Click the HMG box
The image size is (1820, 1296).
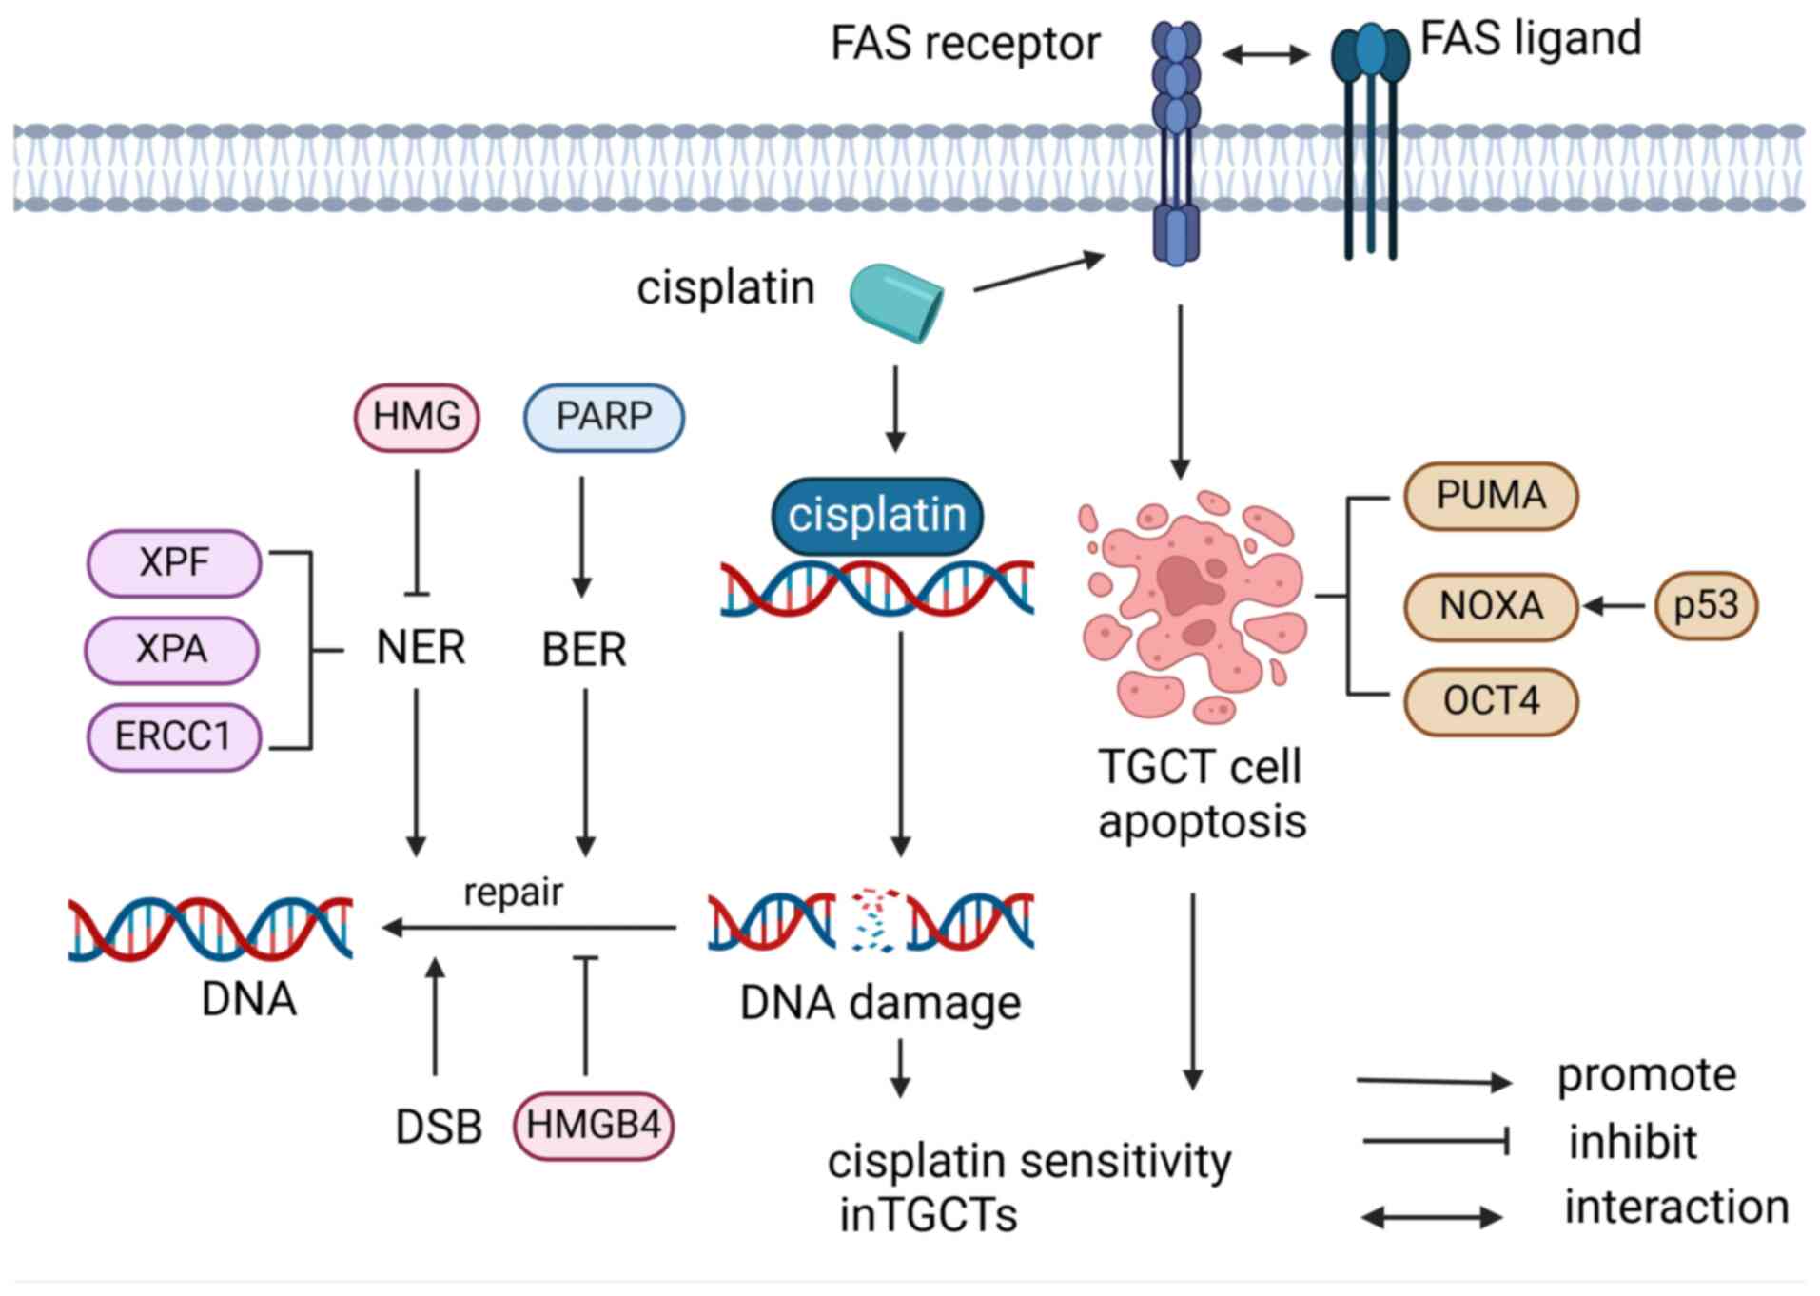(x=417, y=417)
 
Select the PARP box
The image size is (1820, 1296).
(x=603, y=417)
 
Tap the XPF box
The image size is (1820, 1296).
(x=174, y=562)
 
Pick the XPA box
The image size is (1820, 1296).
(x=172, y=650)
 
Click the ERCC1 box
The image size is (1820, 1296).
(x=173, y=736)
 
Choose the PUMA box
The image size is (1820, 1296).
(x=1491, y=496)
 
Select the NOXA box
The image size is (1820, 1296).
(x=1491, y=606)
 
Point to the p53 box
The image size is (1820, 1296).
(x=1706, y=605)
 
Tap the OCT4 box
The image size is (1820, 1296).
(x=1491, y=701)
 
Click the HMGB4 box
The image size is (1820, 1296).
(x=594, y=1126)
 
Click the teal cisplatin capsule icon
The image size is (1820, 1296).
(x=896, y=302)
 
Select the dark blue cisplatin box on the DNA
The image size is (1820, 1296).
(x=876, y=516)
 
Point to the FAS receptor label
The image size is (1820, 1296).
(x=965, y=44)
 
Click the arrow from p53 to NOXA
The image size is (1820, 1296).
(x=1615, y=605)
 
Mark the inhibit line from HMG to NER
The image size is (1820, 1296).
(x=417, y=533)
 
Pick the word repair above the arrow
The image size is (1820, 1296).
(x=513, y=893)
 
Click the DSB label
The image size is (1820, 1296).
(x=439, y=1128)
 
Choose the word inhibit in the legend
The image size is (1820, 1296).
(x=1633, y=1142)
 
